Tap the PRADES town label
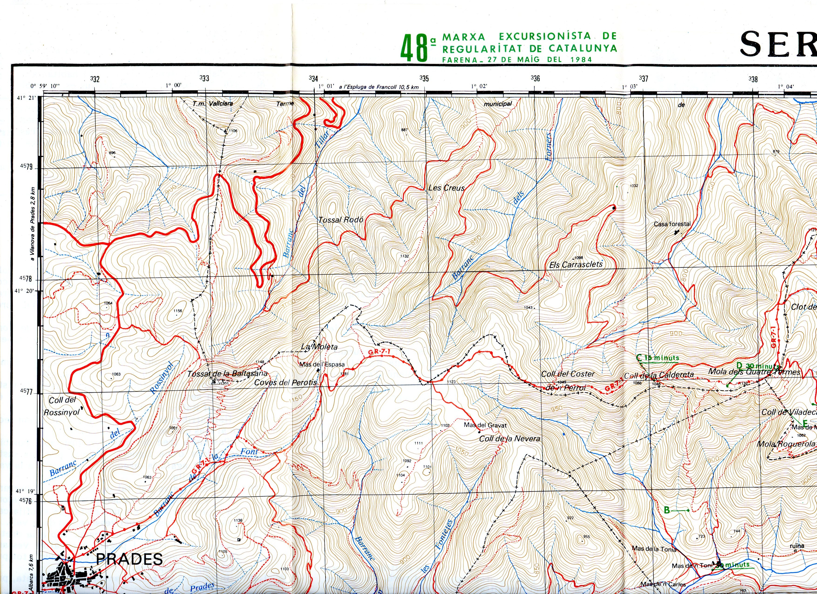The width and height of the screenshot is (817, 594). click(129, 559)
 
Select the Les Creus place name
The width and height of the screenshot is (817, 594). click(446, 188)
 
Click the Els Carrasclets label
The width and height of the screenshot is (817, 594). click(576, 264)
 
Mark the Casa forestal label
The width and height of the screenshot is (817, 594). click(672, 224)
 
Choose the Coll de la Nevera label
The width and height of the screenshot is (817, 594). click(509, 439)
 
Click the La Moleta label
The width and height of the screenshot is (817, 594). click(319, 347)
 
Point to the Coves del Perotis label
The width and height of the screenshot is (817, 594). click(285, 382)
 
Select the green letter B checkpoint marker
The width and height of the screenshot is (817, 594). click(667, 510)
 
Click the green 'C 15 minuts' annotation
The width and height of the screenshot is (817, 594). click(658, 358)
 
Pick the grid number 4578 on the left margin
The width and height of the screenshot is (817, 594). click(26, 279)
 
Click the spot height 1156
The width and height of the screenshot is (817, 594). click(178, 311)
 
